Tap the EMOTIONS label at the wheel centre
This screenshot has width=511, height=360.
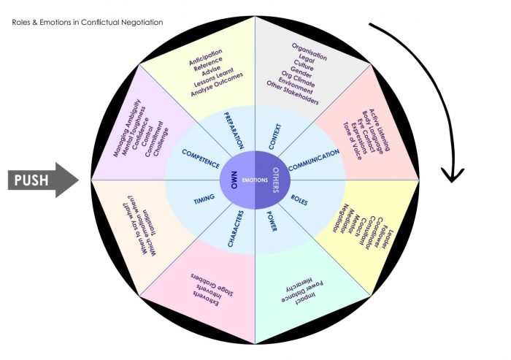click(x=254, y=180)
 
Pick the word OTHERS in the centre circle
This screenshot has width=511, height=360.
click(x=275, y=180)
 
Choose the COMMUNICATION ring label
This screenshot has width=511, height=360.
click(x=313, y=161)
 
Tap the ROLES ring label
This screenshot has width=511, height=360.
click(x=299, y=198)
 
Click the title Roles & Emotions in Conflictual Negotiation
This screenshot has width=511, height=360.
click(x=88, y=23)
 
